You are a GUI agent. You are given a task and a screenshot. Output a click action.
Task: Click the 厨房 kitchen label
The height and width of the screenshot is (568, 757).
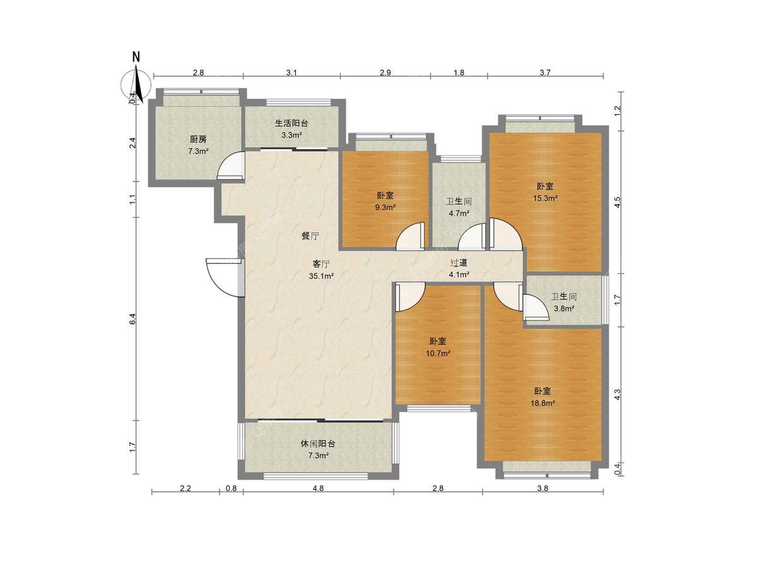(x=198, y=139)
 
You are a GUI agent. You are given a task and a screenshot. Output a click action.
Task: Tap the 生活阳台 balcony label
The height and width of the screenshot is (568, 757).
(x=291, y=123)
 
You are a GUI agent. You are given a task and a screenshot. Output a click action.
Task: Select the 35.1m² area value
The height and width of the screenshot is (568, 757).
(x=321, y=276)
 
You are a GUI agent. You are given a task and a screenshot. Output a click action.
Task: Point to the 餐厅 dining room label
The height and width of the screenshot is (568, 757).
(x=310, y=236)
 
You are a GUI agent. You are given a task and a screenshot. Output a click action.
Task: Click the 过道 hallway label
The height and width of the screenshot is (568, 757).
(x=459, y=263)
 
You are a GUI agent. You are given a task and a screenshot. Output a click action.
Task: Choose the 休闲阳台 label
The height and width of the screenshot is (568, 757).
(x=318, y=444)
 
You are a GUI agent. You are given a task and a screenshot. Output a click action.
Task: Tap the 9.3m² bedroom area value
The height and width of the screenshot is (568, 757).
(x=385, y=207)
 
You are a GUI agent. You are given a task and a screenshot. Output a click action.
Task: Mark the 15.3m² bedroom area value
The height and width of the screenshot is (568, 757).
(x=545, y=198)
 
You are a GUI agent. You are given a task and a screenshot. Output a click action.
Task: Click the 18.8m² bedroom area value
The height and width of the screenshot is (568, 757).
(x=543, y=403)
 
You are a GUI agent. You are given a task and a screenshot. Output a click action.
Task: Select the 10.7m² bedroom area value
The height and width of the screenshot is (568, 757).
(x=438, y=353)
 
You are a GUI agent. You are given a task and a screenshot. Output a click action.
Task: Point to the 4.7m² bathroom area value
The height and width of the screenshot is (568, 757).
(x=459, y=213)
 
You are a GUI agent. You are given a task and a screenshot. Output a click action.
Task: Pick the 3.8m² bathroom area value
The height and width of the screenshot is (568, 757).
(x=564, y=309)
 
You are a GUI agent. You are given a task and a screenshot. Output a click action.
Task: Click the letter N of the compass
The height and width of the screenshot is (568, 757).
(x=136, y=57)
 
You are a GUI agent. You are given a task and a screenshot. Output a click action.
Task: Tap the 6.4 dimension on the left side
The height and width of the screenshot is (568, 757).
(x=134, y=318)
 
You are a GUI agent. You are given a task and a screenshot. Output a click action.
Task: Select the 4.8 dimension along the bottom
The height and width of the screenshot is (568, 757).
(x=318, y=488)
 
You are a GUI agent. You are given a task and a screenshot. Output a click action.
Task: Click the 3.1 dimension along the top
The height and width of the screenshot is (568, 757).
(x=291, y=73)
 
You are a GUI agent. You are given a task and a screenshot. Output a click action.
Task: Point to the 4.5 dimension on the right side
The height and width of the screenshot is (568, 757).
(x=618, y=202)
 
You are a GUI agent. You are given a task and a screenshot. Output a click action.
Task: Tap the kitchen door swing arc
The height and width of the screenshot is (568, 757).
(x=230, y=165)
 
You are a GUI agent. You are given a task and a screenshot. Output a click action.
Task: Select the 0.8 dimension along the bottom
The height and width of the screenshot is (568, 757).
(x=232, y=488)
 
